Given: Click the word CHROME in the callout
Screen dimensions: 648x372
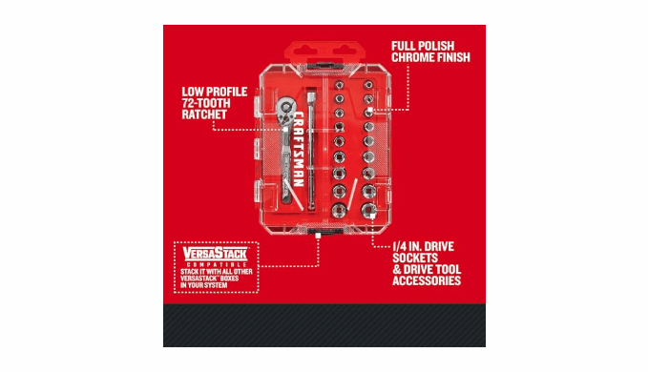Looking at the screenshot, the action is [410, 57].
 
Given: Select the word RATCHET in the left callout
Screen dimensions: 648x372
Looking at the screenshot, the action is [204, 114].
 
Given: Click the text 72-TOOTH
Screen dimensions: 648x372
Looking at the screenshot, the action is [206, 103].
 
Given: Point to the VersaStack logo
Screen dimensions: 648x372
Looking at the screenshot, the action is [216, 253].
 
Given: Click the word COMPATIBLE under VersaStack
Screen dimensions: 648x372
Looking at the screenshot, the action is [217, 264].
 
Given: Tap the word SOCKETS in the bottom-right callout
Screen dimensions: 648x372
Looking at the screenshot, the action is [415, 258].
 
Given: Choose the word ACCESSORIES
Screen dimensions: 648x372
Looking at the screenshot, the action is [427, 280].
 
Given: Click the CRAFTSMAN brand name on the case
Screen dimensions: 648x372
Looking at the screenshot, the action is [299, 149].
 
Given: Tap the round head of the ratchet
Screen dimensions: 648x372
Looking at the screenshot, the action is [285, 109].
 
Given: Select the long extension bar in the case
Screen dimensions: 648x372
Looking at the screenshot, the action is [311, 150].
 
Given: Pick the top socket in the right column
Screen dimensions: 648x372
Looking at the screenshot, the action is [367, 85].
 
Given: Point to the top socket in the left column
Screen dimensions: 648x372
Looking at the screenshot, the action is [339, 85].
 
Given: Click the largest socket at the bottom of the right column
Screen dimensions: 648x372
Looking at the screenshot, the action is [368, 210].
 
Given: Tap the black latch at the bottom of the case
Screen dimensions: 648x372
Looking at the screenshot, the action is [325, 231].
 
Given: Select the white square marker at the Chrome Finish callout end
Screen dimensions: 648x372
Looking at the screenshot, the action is [370, 110].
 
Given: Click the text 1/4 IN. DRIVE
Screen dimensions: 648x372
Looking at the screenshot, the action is [423, 246].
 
